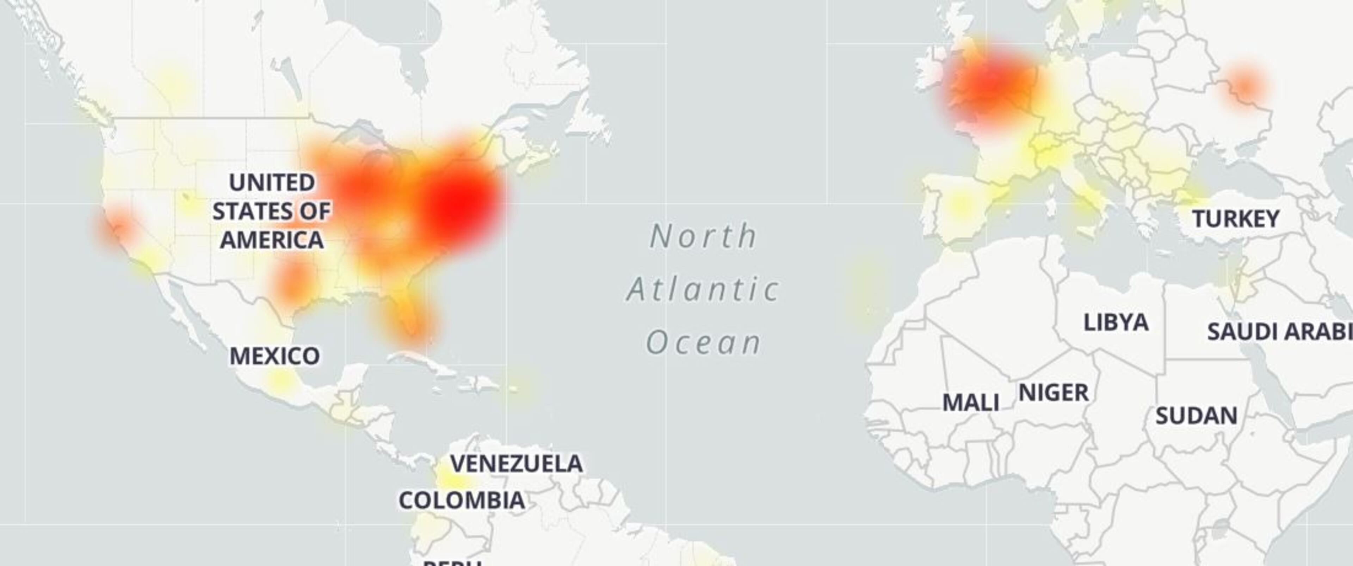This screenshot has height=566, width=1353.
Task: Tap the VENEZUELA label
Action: coord(516,463)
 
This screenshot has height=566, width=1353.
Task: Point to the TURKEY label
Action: coord(1235,219)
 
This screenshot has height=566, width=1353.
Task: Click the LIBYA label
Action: coord(1116,322)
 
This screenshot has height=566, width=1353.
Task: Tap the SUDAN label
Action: coord(1196,416)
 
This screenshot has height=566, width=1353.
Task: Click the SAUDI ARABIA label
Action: coord(1279,332)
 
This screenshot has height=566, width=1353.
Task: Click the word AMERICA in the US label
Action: coord(272,240)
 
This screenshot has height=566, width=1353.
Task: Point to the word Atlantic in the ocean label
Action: coord(703,289)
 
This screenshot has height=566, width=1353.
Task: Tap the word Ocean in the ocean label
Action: coord(703,342)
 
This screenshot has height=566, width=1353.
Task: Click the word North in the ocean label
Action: coord(703,236)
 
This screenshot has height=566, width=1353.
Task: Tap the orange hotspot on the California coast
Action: coord(117,227)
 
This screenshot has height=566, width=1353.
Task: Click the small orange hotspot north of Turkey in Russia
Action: coord(1245,85)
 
